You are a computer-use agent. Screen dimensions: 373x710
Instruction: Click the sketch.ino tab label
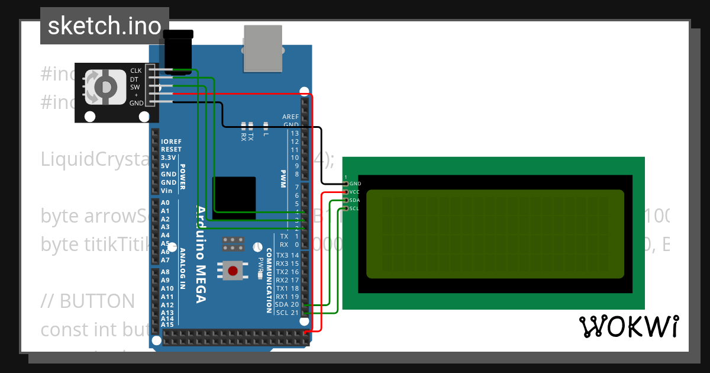click(x=105, y=26)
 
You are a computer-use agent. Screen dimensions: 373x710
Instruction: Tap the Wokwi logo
click(x=628, y=326)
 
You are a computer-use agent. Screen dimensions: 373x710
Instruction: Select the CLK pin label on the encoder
click(x=136, y=71)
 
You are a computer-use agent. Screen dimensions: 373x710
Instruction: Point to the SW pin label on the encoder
click(x=135, y=87)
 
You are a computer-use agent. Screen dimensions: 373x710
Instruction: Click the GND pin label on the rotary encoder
click(x=136, y=103)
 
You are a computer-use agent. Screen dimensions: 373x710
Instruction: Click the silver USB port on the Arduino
click(x=263, y=49)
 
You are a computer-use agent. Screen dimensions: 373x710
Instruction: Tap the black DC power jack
click(x=178, y=50)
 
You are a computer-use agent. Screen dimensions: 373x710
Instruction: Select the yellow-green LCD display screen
click(x=495, y=234)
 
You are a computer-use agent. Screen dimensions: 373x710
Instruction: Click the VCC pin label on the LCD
click(x=354, y=192)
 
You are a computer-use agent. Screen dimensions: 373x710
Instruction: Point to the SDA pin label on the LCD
click(x=354, y=200)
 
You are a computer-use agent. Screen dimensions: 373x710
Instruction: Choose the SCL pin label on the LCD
click(x=354, y=208)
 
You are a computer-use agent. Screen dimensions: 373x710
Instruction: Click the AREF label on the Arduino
click(x=291, y=117)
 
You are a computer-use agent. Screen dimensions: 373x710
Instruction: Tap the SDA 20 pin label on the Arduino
click(x=287, y=304)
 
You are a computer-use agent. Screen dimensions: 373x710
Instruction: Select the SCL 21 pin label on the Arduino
click(x=287, y=313)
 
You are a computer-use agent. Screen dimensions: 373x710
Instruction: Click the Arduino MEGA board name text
click(x=201, y=255)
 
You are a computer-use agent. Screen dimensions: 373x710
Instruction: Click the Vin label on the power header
click(x=167, y=191)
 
